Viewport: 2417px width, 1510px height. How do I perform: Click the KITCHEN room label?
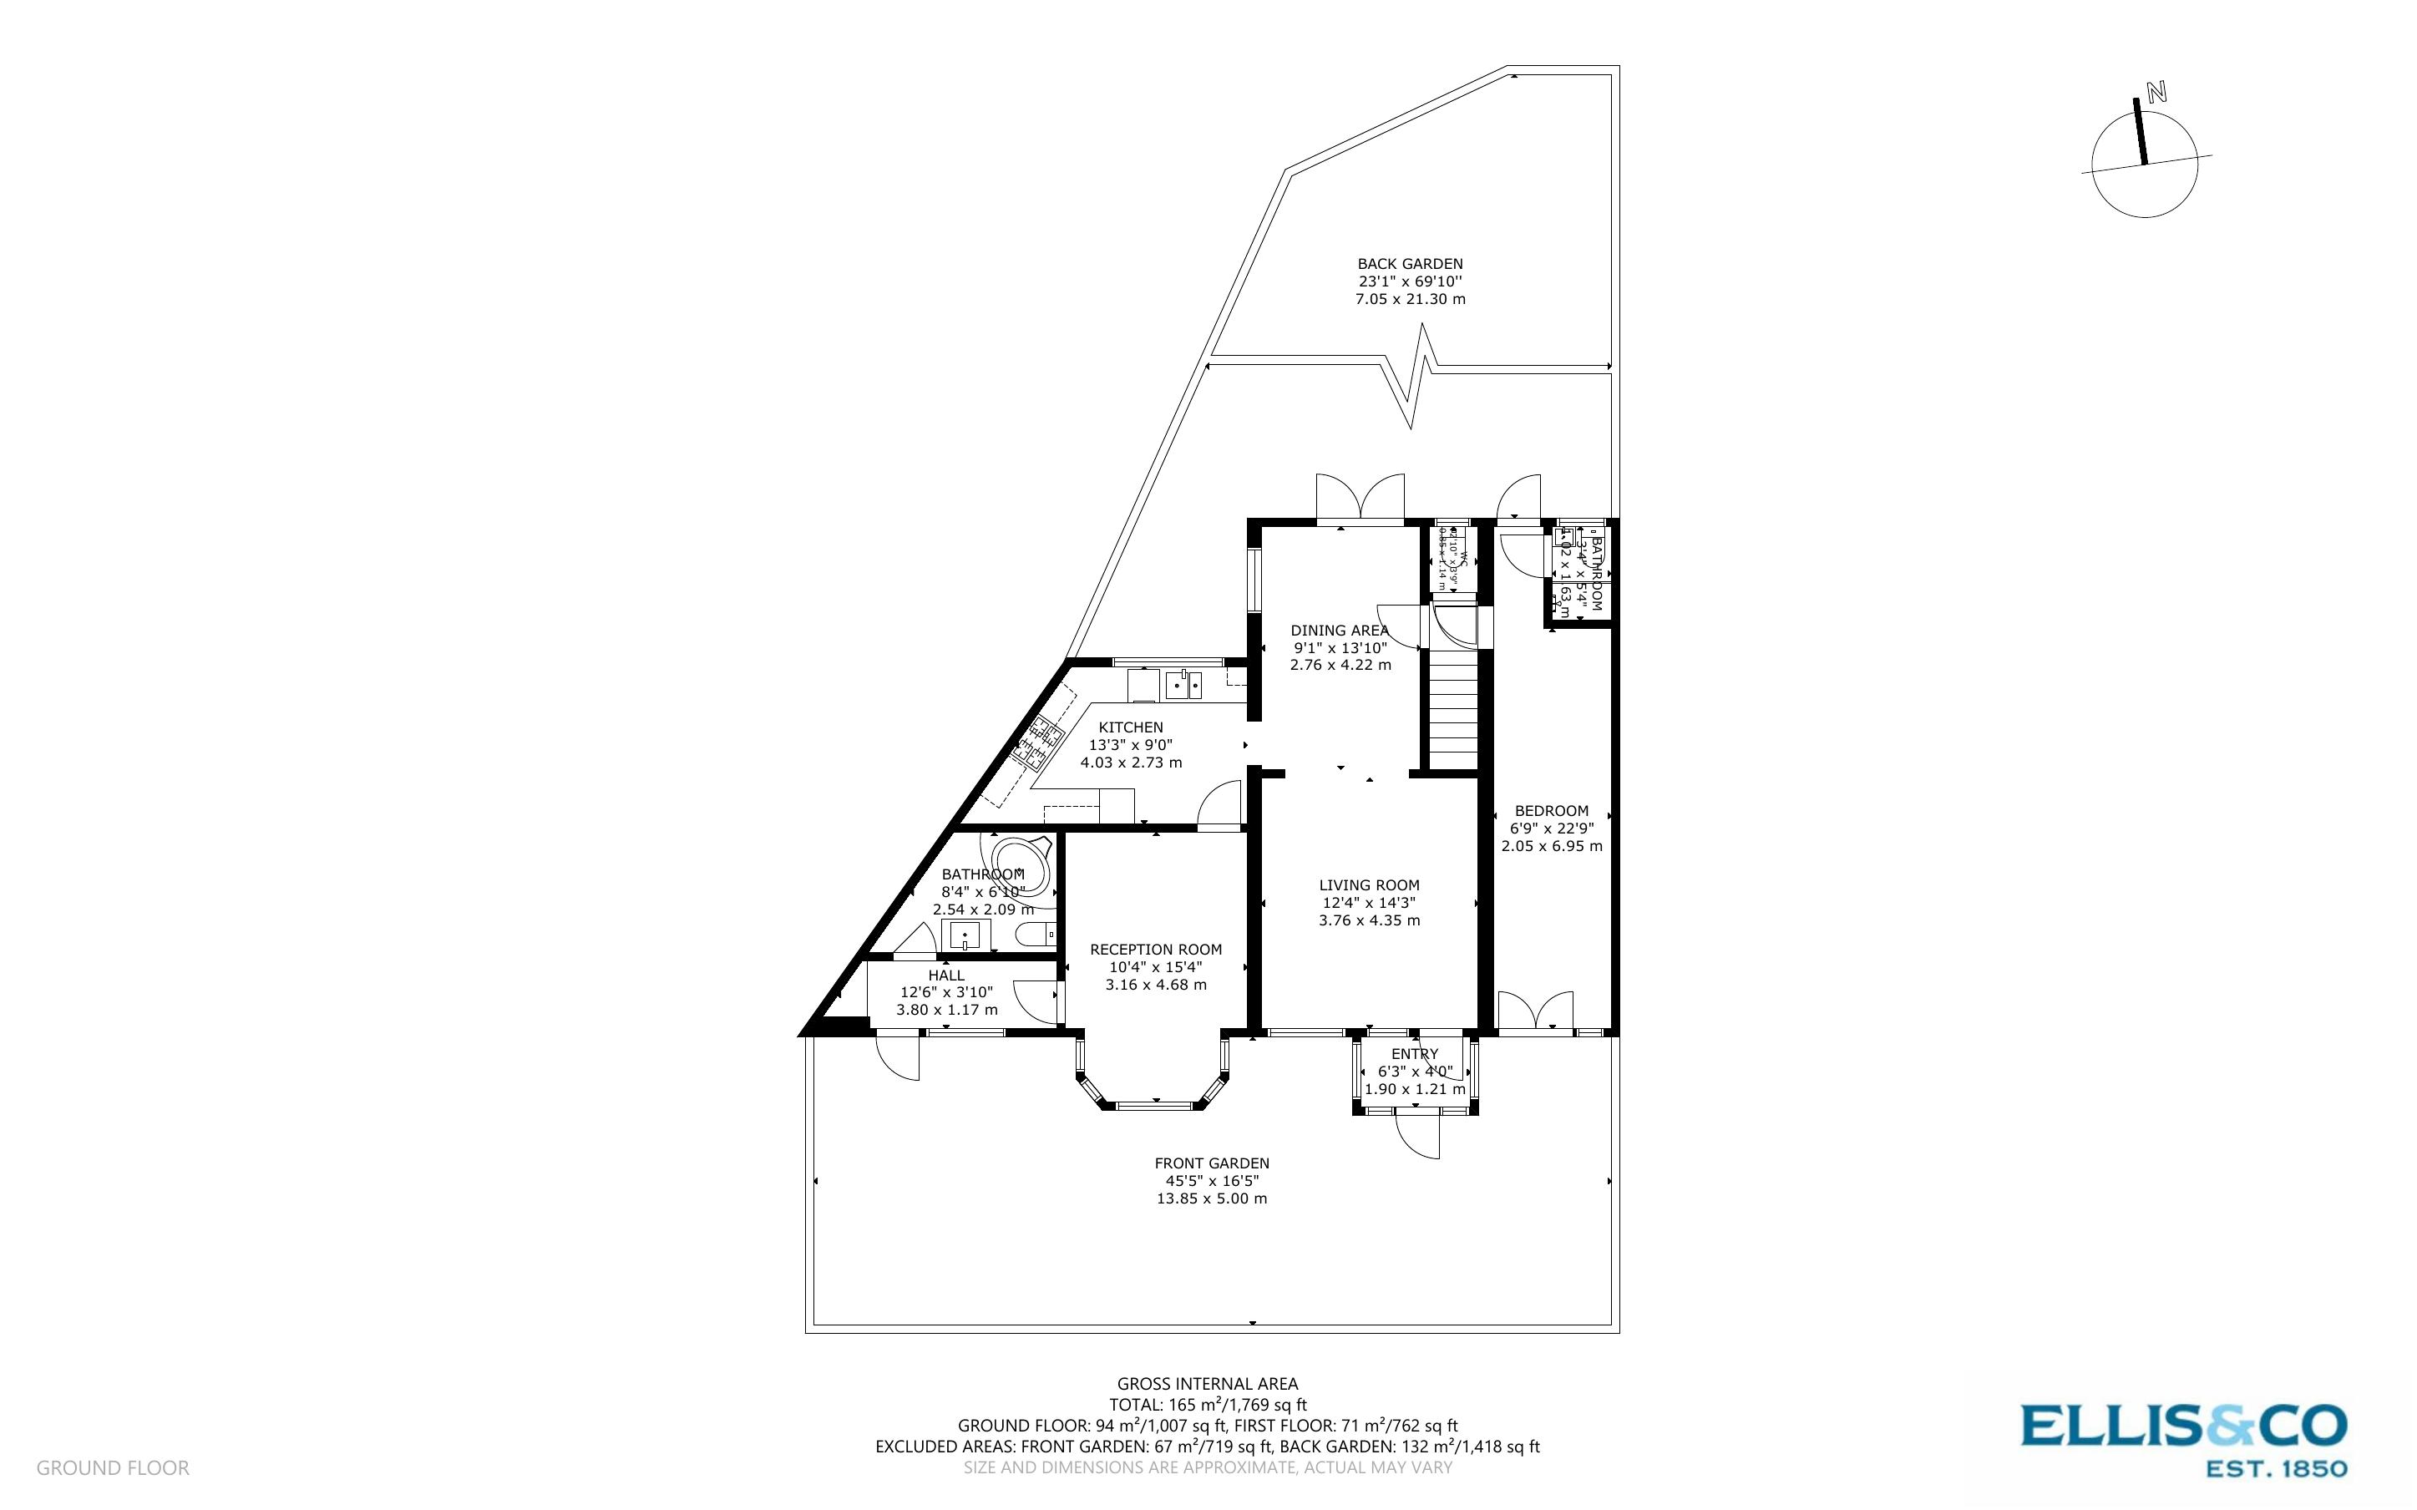click(1130, 727)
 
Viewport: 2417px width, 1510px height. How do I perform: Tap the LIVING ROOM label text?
click(1369, 884)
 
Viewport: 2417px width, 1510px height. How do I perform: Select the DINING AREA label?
click(1339, 631)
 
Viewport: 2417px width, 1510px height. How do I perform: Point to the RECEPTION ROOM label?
click(1155, 950)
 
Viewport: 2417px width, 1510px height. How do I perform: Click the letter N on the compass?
click(2156, 93)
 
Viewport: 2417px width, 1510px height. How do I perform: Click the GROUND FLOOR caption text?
click(113, 1468)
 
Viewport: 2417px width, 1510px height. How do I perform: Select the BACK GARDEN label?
click(1410, 264)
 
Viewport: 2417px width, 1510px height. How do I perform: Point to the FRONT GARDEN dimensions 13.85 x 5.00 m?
click(1211, 1198)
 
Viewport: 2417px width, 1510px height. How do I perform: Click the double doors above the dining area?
click(1360, 500)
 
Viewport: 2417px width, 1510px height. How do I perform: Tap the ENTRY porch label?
click(1414, 1054)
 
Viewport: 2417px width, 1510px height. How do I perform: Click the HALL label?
click(945, 975)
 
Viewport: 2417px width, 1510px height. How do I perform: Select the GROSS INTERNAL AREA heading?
click(1207, 1384)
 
